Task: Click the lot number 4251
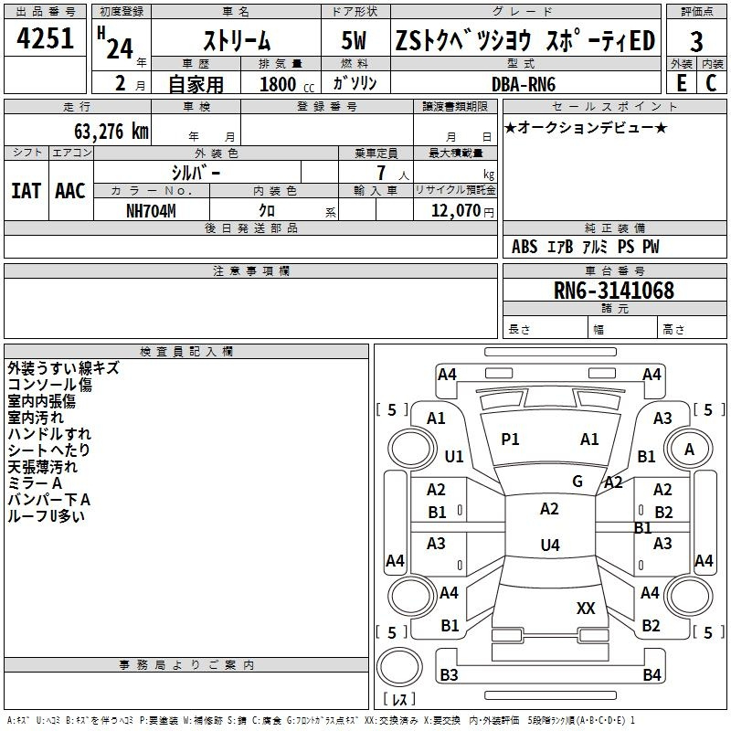[46, 38]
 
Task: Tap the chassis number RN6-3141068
[614, 291]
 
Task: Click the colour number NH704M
[152, 210]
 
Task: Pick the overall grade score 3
[696, 41]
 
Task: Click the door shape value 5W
[356, 41]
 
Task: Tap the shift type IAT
[26, 191]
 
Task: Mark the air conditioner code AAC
[69, 191]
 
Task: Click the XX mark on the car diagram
[586, 609]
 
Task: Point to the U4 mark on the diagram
[549, 546]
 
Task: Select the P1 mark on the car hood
[510, 440]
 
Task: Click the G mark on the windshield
[577, 482]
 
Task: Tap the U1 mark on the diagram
[453, 456]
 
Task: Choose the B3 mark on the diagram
[449, 675]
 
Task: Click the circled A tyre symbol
[689, 449]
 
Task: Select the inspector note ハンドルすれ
[49, 434]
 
